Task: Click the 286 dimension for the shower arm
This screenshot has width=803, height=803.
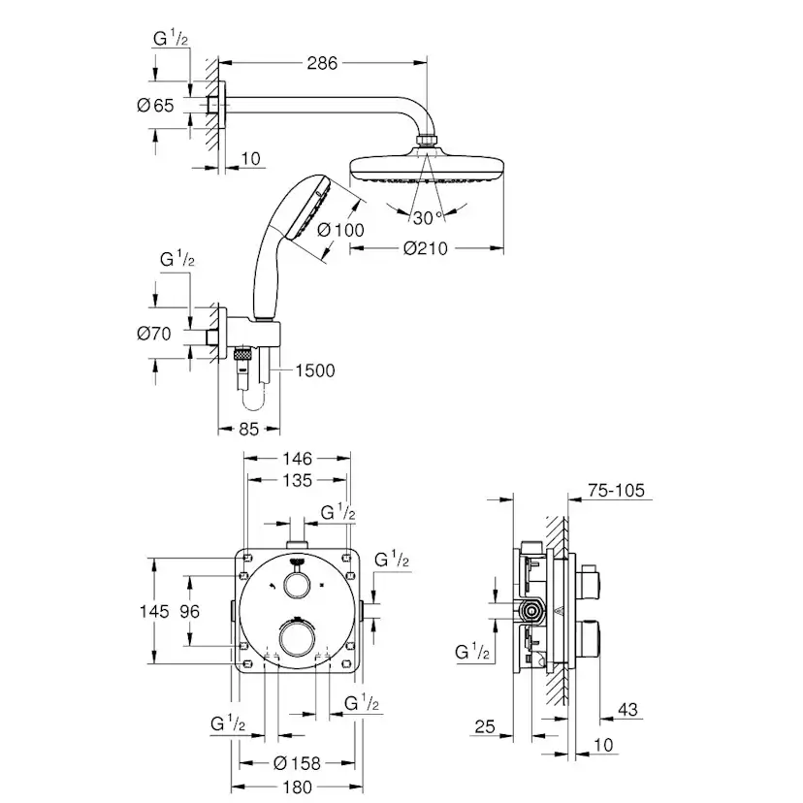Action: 322,64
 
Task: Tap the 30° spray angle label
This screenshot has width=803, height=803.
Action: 425,215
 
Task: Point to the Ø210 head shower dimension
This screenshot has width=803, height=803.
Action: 426,249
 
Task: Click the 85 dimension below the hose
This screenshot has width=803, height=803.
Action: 248,429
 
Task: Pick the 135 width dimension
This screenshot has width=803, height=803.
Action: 297,480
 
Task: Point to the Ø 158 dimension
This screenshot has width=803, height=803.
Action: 297,763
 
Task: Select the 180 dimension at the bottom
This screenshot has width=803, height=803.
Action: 297,788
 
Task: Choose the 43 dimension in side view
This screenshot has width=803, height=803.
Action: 627,711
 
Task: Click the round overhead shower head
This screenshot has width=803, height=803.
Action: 426,167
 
